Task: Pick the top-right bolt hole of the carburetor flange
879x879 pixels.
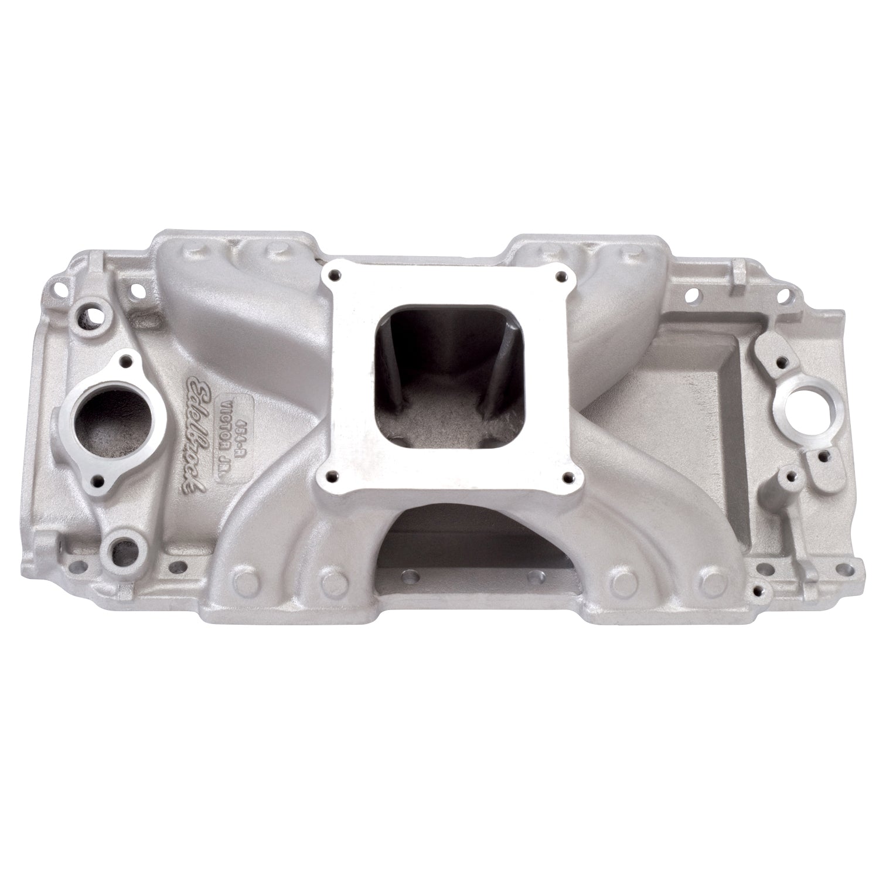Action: tap(563, 275)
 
